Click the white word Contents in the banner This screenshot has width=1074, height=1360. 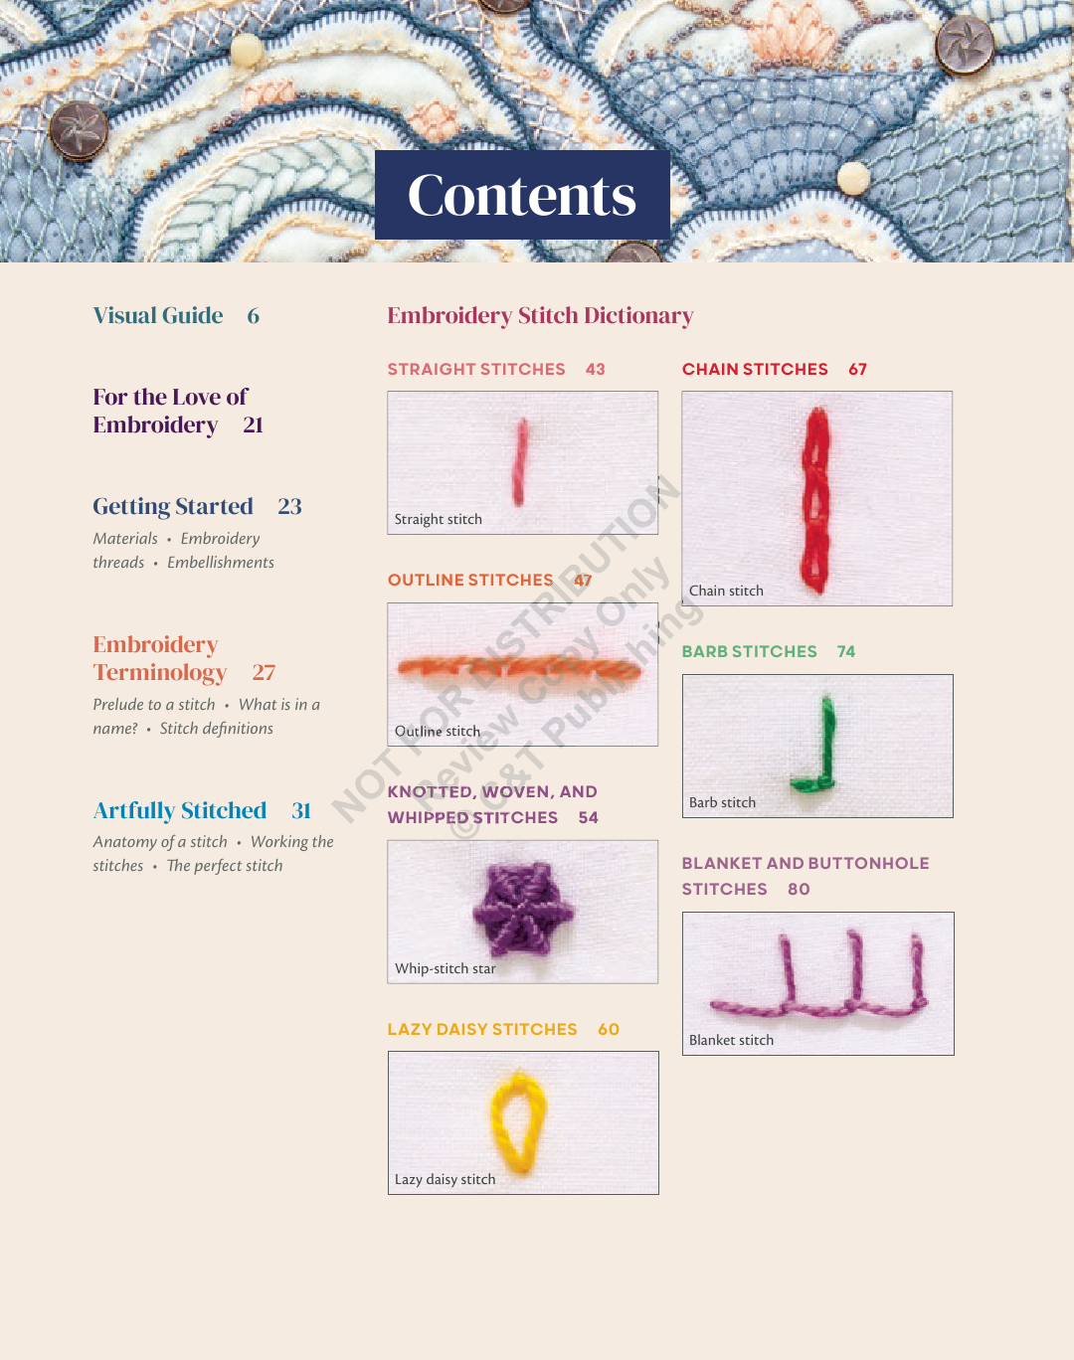coord(521,195)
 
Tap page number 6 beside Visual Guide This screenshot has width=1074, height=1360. coord(253,315)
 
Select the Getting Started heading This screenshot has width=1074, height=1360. coord(173,506)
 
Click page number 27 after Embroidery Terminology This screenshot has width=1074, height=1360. coord(264,672)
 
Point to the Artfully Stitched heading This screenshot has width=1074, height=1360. coord(180,810)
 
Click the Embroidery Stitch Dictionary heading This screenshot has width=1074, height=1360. coord(540,315)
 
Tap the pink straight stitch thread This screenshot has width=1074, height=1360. coord(520,462)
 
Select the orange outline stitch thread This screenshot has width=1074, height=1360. coord(519,669)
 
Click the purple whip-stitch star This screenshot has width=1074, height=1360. coord(522,909)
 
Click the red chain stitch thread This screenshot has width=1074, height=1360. coord(816,500)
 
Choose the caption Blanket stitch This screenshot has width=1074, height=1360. coord(731,1040)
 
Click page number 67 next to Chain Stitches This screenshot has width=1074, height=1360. coord(858,369)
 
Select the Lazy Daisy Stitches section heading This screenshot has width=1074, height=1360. coord(482,1029)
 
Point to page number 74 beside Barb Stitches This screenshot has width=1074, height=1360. coord(846,651)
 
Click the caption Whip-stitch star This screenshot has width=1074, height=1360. coord(446,968)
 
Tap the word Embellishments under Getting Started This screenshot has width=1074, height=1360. coord(221,563)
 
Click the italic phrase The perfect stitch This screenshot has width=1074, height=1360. coord(225,866)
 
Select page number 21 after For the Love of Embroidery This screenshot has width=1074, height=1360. coord(253,425)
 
